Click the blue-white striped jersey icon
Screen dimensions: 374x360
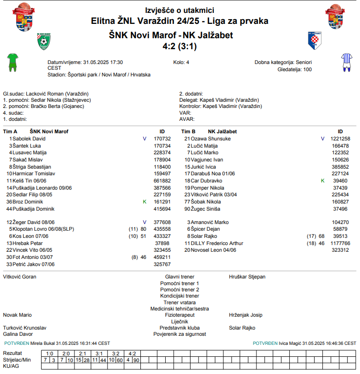click(x=346, y=62)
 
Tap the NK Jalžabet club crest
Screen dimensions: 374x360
click(x=316, y=40)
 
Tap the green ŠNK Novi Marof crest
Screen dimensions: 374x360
click(x=44, y=42)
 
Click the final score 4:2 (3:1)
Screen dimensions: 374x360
click(x=180, y=46)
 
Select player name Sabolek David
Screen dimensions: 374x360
click(x=29, y=139)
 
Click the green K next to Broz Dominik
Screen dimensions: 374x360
click(x=144, y=202)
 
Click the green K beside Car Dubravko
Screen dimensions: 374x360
click(x=322, y=181)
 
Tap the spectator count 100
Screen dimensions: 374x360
click(x=307, y=69)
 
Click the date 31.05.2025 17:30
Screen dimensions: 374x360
click(x=103, y=62)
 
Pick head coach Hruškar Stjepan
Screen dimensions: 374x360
click(x=247, y=277)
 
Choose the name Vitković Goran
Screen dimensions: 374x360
click(x=20, y=277)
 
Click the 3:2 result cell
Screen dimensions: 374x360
click(x=116, y=353)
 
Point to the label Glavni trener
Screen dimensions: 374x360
click(x=180, y=277)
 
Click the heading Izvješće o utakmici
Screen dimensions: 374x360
click(x=180, y=10)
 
